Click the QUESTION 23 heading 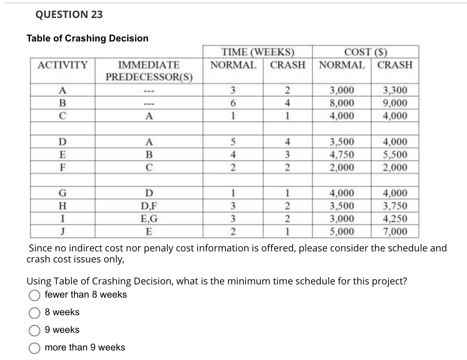tap(69, 15)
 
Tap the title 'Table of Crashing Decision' tap(87, 39)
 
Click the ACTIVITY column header tap(63, 65)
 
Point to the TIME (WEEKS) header tap(258, 52)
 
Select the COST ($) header tap(365, 52)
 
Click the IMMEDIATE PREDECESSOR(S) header tap(149, 71)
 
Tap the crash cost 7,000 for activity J tap(395, 232)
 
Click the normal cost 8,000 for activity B tap(342, 103)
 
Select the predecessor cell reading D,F tap(149, 206)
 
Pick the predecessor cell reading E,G tap(149, 219)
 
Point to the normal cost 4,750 tap(342, 154)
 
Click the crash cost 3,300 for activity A tap(395, 90)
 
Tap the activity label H tap(63, 206)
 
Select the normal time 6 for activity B tap(233, 103)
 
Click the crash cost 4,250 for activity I tap(395, 219)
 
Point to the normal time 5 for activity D tap(233, 142)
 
